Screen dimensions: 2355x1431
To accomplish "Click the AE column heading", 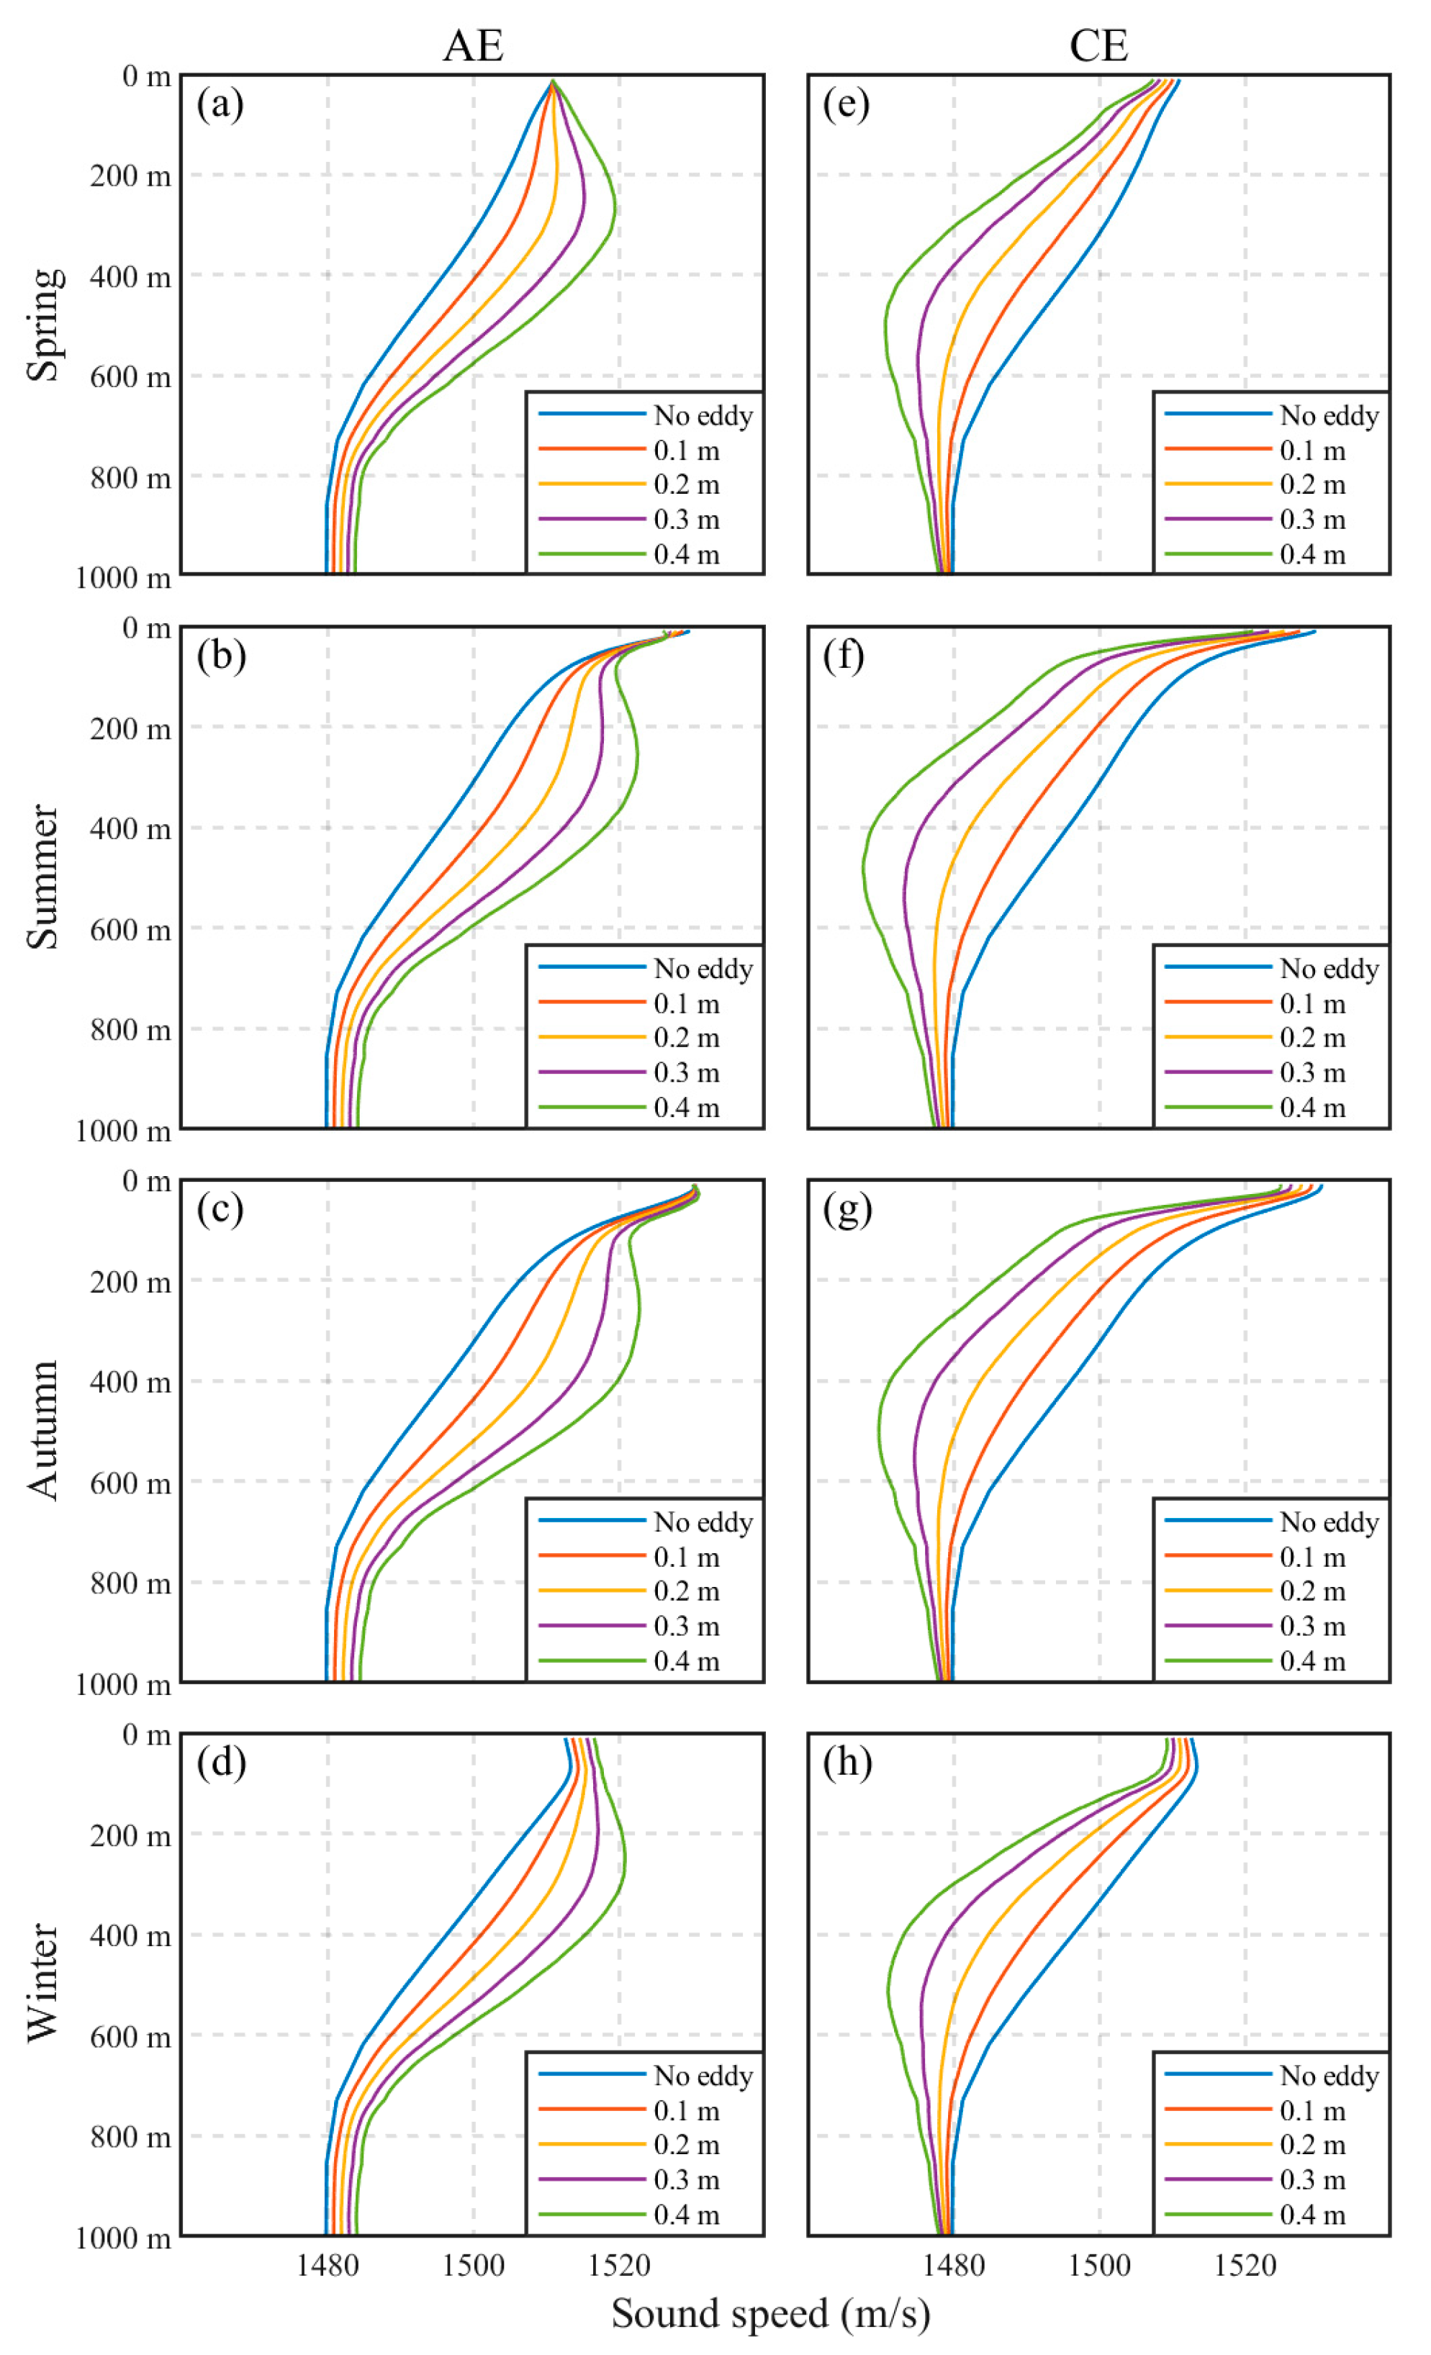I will pyautogui.click(x=472, y=45).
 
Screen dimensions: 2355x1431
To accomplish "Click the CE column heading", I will pyautogui.click(x=1098, y=45).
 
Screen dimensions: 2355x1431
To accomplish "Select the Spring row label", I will pyautogui.click(x=44, y=324).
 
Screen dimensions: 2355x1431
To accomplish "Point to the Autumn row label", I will pyautogui.click(x=44, y=1431).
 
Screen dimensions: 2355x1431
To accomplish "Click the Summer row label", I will pyautogui.click(x=44, y=877).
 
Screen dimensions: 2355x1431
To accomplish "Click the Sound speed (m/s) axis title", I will pyautogui.click(x=770, y=2314).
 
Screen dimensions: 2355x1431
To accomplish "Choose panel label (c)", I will pyautogui.click(x=221, y=1210).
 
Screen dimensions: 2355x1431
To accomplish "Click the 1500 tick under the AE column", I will pyautogui.click(x=473, y=2264).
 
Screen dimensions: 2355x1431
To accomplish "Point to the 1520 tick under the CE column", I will pyautogui.click(x=1245, y=2264).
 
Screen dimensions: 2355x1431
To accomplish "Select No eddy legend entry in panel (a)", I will pyautogui.click(x=703, y=416).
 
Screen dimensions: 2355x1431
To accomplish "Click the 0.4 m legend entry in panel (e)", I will pyautogui.click(x=1312, y=554).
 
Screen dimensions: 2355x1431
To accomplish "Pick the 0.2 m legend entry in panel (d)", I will pyautogui.click(x=686, y=2145).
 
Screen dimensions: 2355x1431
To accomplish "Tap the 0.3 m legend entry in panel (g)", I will pyautogui.click(x=1312, y=1626).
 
